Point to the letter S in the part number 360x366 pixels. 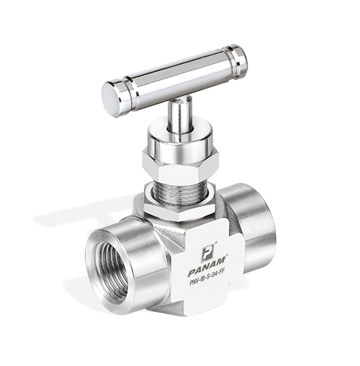tap(206, 279)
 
